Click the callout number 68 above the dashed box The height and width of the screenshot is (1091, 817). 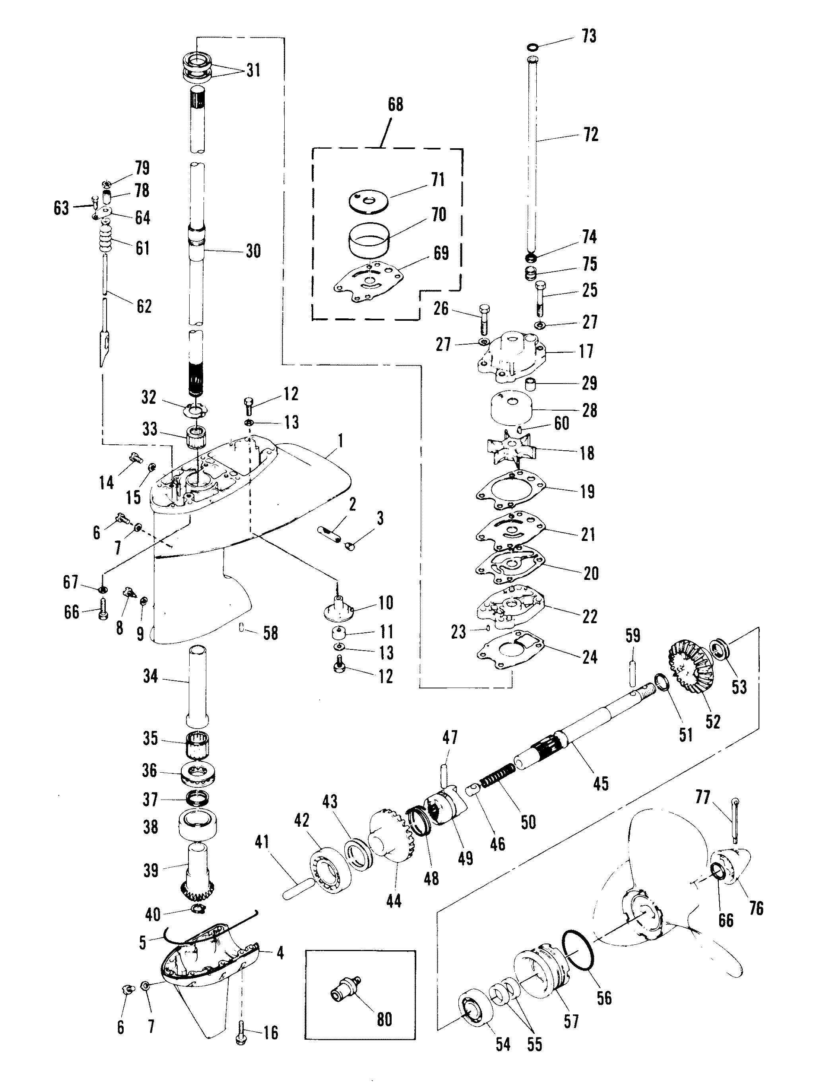click(x=395, y=105)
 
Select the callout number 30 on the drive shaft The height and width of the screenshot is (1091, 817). click(x=254, y=251)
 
